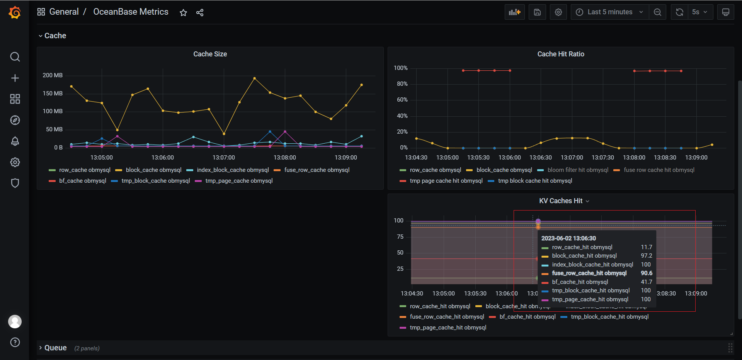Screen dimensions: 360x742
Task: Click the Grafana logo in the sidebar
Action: (x=15, y=12)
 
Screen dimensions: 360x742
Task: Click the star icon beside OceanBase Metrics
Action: (x=183, y=13)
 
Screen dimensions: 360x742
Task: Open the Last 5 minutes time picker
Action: (x=609, y=12)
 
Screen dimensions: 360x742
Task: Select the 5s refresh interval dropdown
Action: (x=699, y=12)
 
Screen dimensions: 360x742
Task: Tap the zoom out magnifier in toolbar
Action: (x=657, y=12)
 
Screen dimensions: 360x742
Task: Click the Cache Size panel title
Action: (x=210, y=54)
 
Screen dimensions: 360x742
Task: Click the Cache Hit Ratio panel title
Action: (x=560, y=54)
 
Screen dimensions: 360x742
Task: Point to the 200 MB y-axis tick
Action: (x=53, y=75)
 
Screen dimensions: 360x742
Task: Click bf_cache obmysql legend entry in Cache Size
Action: (x=82, y=181)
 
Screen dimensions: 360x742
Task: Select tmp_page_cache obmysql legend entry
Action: (x=239, y=181)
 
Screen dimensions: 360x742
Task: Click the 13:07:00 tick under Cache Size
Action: (x=223, y=158)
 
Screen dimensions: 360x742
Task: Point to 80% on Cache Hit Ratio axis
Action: (x=402, y=84)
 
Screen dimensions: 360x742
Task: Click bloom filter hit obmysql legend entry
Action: (x=577, y=170)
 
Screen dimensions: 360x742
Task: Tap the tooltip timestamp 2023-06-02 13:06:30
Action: (x=568, y=238)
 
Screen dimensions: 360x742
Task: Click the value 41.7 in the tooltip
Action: (x=646, y=282)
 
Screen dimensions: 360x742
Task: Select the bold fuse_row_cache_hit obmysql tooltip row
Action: (x=589, y=273)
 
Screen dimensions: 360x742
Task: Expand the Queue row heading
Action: (x=55, y=348)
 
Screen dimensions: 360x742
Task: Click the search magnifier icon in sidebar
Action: (x=15, y=57)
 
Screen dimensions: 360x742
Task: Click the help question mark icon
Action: (x=15, y=342)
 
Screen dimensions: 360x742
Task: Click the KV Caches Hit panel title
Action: (x=560, y=201)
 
